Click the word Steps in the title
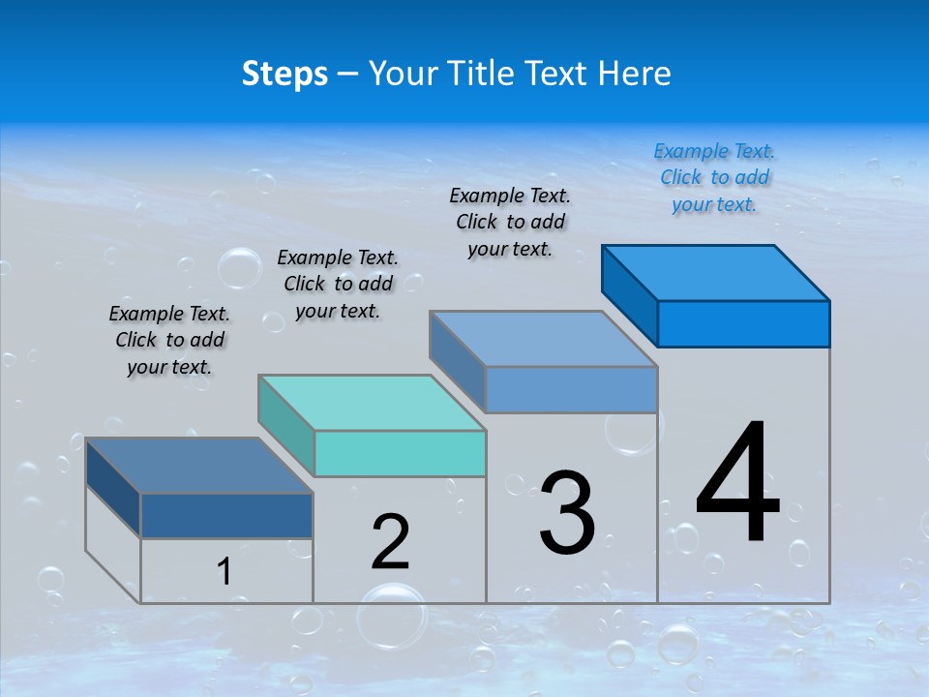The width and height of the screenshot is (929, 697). tap(285, 74)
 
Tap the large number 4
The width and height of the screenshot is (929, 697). tap(737, 484)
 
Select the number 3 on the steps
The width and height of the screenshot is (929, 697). tap(567, 513)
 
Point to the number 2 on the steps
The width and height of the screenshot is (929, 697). tap(391, 542)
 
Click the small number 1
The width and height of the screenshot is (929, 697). tap(224, 572)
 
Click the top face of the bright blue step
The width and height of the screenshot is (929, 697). tap(716, 273)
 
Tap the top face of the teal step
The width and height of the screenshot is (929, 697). tap(373, 403)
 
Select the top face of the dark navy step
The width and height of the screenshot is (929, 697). tap(199, 466)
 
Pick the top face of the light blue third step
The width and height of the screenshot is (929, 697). tap(544, 339)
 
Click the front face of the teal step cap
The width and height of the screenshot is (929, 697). tap(400, 453)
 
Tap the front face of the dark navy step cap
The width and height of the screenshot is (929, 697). tap(226, 515)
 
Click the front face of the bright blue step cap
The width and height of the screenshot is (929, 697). tap(743, 323)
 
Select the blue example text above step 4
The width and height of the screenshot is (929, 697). tap(714, 178)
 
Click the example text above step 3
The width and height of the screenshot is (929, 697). tap(510, 222)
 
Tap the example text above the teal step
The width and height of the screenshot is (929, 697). tap(338, 284)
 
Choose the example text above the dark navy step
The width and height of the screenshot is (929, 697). tap(169, 340)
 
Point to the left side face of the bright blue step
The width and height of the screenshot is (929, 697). tap(630, 295)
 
